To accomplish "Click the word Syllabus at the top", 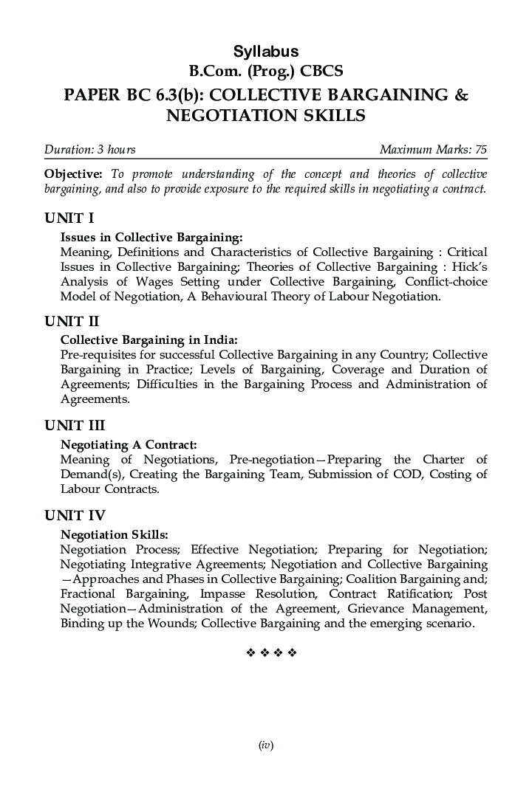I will tap(266, 52).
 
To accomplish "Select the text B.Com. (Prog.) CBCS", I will tap(266, 72).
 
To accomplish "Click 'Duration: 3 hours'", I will tap(90, 150).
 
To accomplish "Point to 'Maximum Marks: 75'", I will tap(433, 150).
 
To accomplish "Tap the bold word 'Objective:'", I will tap(73, 174).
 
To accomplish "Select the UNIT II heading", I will tap(72, 321).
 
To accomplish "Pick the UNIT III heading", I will tap(75, 425).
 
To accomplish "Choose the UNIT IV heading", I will tap(75, 515).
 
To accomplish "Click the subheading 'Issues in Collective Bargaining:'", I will tap(151, 238).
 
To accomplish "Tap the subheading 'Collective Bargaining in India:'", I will tap(149, 340).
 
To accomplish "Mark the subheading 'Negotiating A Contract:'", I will tap(129, 444).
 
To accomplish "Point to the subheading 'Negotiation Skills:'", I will tap(114, 534).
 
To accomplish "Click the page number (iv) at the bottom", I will tap(266, 745).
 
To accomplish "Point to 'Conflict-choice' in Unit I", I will tap(445, 282).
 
